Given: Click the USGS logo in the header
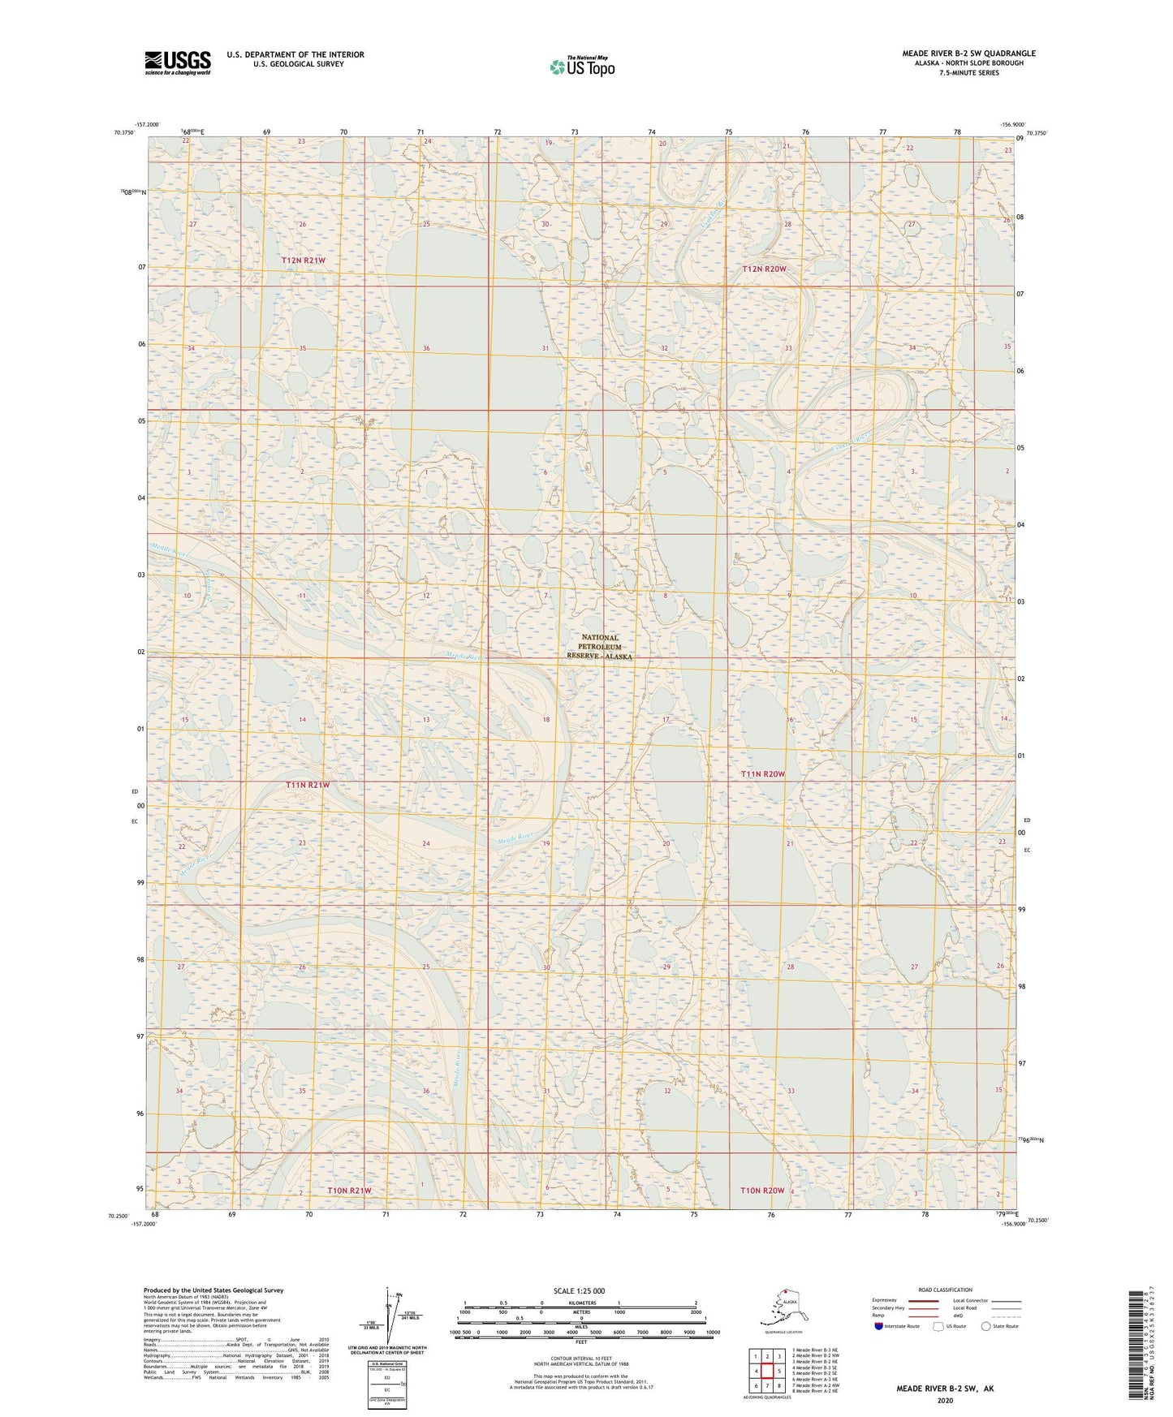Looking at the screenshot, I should point(177,62).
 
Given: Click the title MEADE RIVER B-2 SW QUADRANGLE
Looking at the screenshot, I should point(968,54).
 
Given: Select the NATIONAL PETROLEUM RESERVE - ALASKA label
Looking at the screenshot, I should point(599,647).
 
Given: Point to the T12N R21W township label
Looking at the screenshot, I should point(304,261).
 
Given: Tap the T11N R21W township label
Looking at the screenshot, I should point(308,786).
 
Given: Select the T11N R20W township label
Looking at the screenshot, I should point(763,774).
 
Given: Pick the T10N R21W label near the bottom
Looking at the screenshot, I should point(349,1191).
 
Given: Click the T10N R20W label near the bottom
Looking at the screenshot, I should point(762,1191).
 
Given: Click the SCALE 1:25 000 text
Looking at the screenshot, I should point(579,1290).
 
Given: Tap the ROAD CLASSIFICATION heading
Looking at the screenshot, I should point(945,1290).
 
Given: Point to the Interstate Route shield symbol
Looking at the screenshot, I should point(879,1326).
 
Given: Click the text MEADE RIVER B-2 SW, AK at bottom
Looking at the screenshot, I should point(944,1389).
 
